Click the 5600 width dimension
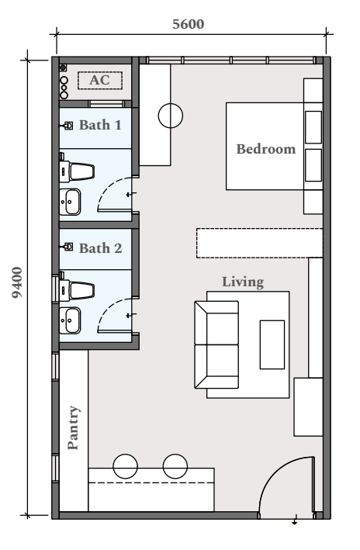[189, 24]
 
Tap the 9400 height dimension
[17, 282]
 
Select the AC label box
[100, 81]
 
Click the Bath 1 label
[100, 125]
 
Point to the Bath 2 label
[101, 248]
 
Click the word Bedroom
[266, 149]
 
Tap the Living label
[243, 282]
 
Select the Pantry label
[74, 427]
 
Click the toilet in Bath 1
[77, 171]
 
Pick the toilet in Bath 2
[77, 290]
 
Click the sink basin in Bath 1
[70, 202]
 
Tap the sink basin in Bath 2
[70, 320]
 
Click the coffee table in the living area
[272, 344]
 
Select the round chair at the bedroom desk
[171, 116]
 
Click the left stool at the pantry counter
[125, 466]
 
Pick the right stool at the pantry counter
[175, 466]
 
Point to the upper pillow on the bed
[313, 127]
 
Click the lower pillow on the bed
[313, 165]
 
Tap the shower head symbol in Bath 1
[67, 125]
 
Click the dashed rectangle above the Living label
[259, 243]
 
